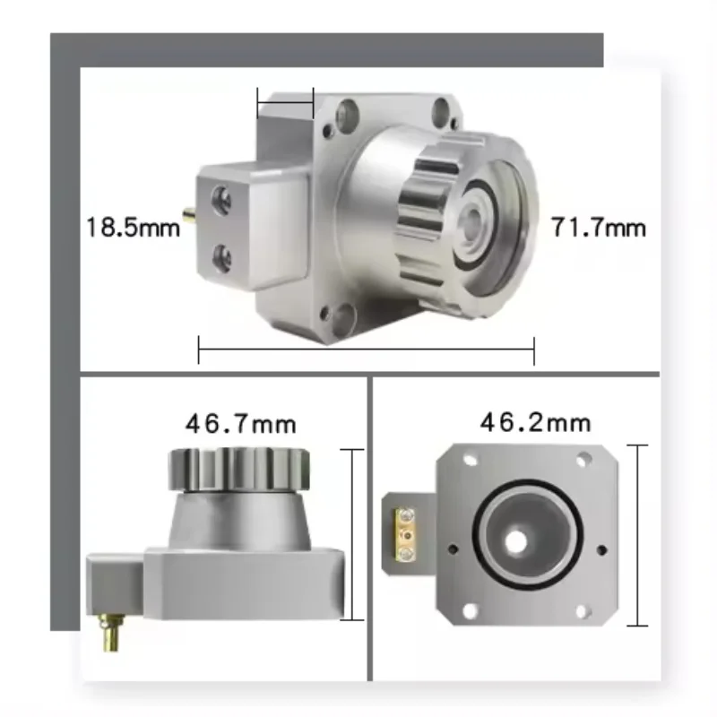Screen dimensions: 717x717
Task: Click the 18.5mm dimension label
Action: [133, 227]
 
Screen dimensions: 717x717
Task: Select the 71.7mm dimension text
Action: [599, 227]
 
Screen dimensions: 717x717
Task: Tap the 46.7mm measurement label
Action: [240, 421]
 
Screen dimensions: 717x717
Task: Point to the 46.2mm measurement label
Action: [535, 420]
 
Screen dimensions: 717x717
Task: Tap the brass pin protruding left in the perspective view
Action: [189, 216]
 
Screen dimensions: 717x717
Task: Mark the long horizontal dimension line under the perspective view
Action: [366, 350]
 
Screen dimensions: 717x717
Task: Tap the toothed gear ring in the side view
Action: [238, 467]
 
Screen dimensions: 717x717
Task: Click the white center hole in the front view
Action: [515, 540]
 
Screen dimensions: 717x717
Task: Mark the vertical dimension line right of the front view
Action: [638, 535]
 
